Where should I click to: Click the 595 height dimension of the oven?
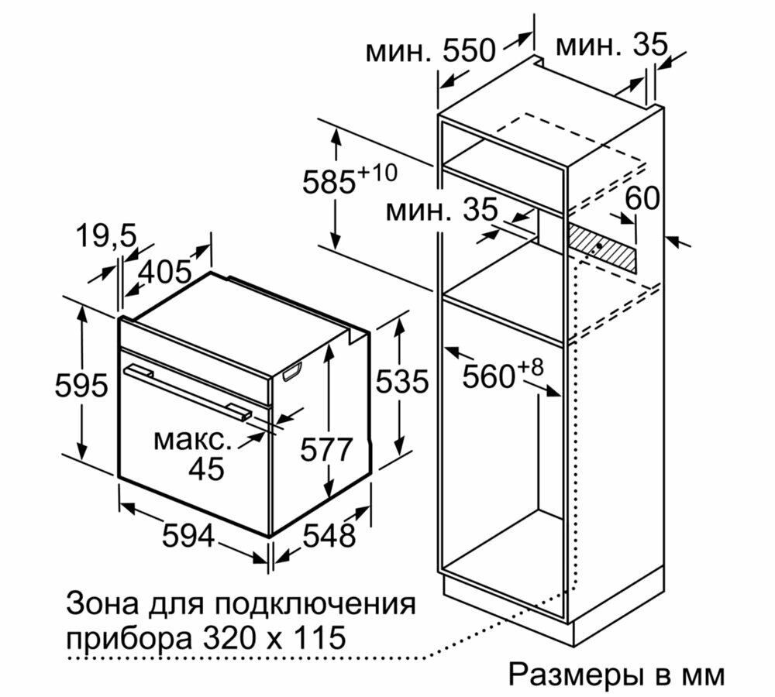pyautogui.click(x=81, y=386)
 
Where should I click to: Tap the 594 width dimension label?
pyautogui.click(x=188, y=536)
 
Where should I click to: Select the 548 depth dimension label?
pyautogui.click(x=329, y=535)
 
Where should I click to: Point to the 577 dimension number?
pyautogui.click(x=326, y=449)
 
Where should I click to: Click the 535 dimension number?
pyautogui.click(x=401, y=382)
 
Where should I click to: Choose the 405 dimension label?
pyautogui.click(x=165, y=272)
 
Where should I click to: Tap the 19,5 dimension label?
pyautogui.click(x=106, y=235)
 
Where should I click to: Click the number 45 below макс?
pyautogui.click(x=207, y=469)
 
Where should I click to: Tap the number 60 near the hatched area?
pyautogui.click(x=642, y=198)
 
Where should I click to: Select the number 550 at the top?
pyautogui.click(x=469, y=50)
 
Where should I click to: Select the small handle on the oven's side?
pyautogui.click(x=293, y=372)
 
